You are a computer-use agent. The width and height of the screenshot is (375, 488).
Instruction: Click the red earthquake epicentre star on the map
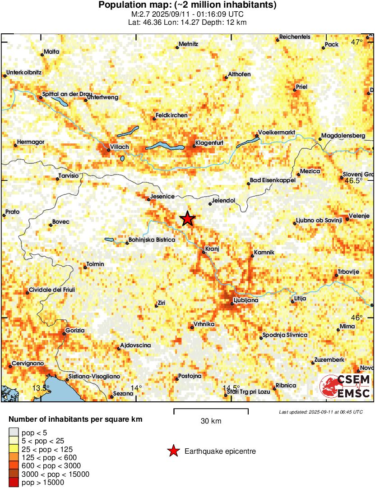188,219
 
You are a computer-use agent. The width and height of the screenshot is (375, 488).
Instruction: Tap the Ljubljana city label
245,300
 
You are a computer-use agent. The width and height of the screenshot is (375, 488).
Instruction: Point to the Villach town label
119,147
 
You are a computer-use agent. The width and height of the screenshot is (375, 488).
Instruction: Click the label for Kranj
212,249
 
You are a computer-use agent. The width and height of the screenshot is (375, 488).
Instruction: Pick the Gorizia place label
74,331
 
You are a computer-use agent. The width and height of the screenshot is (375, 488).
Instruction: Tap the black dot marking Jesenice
148,199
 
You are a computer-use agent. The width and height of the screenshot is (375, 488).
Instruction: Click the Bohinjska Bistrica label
152,240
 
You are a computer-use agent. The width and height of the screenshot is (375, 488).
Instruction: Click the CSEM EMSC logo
345,387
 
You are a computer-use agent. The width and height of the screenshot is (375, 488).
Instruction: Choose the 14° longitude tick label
136,388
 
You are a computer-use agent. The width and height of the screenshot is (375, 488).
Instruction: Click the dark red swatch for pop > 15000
14,483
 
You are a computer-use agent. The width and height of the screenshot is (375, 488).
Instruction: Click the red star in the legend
173,451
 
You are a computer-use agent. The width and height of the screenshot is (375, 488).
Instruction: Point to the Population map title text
187,5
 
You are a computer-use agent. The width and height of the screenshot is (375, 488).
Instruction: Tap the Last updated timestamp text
320,412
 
